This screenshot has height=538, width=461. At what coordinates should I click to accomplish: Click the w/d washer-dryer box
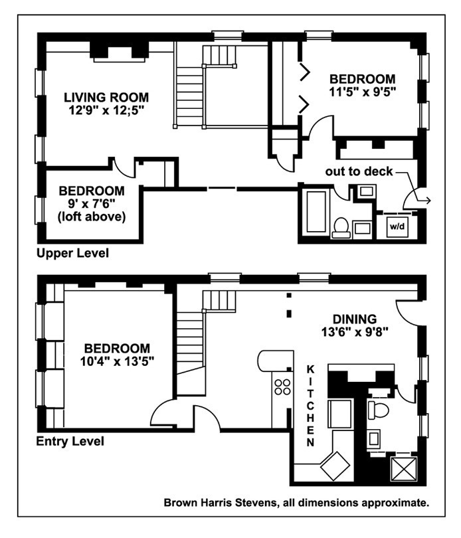click(x=397, y=226)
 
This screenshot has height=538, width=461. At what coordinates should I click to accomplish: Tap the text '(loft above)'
click(x=91, y=217)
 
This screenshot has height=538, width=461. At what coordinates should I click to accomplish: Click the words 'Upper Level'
click(x=72, y=253)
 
